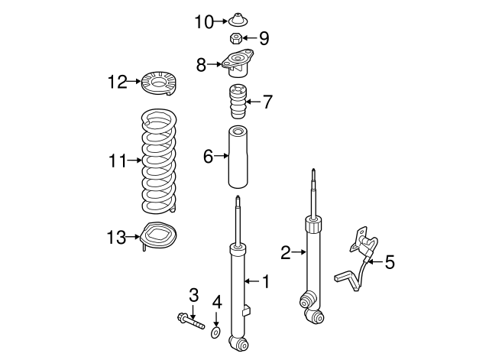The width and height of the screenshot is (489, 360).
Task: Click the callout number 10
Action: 204,21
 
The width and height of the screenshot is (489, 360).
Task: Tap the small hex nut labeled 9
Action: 237,38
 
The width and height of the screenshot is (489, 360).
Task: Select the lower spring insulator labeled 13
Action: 157,237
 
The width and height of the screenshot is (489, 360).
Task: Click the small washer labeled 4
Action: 217,332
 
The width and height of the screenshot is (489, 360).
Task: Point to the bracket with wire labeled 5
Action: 358,256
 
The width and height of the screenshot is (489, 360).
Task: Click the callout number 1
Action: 265,283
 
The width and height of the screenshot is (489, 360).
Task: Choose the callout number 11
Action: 117,161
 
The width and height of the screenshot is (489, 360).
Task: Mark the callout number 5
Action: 389,263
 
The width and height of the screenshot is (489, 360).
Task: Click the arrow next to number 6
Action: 222,157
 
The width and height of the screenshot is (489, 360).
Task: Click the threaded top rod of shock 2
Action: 313,191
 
